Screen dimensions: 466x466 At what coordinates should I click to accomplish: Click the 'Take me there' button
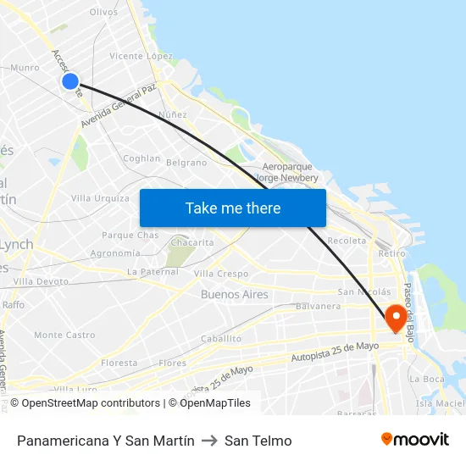pos(232,208)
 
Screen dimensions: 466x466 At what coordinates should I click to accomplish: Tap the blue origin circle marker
pos(70,81)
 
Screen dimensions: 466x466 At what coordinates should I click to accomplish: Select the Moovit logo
pos(414,440)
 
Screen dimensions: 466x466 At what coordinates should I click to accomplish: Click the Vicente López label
pos(141,56)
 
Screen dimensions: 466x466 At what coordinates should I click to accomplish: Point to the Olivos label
pos(103,12)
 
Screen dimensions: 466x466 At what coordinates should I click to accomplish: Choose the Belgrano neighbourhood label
pos(186,163)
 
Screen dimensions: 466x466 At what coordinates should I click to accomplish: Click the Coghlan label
pos(141,158)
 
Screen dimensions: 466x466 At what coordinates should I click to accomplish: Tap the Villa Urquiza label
pos(100,198)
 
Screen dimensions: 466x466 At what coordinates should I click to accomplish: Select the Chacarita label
pos(192,242)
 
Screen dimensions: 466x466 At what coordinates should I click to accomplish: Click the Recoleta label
pos(347,241)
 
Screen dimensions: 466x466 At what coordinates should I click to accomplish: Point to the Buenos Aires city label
pos(235,295)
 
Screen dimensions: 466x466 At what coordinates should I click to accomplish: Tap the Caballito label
pos(221,339)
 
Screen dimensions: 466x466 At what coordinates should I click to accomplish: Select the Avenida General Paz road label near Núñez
pos(119,106)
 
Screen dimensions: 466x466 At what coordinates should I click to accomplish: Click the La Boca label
pos(426,379)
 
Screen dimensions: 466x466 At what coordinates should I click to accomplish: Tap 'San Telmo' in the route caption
pos(258,441)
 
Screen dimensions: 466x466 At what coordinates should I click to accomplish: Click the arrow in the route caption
pos(209,441)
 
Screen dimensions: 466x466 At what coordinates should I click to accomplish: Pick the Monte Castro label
pos(64,336)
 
